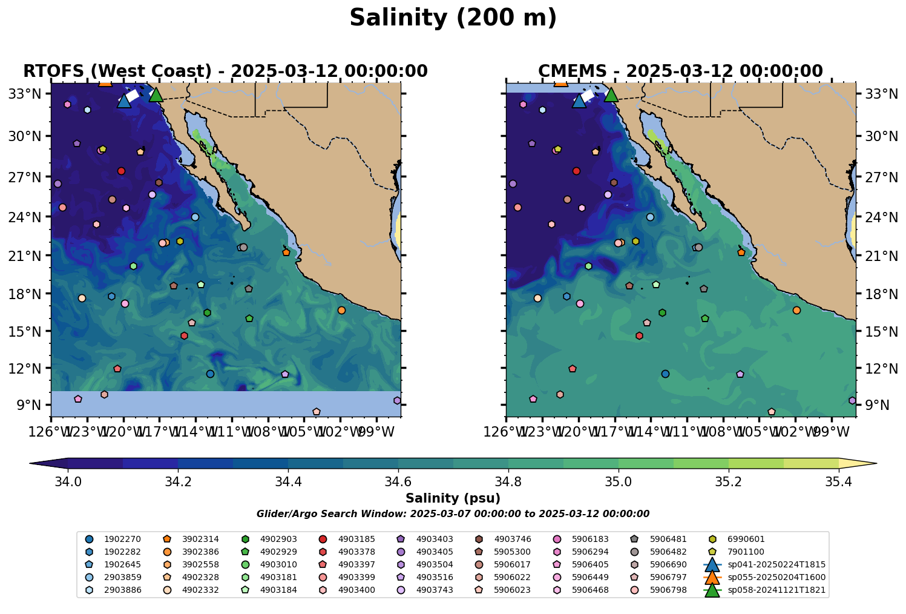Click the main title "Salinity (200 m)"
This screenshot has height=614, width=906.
point(453,18)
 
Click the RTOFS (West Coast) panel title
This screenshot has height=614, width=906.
point(225,71)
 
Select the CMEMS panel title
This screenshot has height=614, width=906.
point(680,71)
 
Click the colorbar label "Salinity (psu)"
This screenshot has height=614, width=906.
point(453,498)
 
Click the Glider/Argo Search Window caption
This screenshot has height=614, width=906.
point(453,513)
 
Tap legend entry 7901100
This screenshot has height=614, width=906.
point(747,552)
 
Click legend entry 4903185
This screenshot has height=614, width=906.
point(356,539)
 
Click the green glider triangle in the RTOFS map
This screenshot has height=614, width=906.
point(156,94)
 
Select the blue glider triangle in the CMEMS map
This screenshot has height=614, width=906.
point(579,101)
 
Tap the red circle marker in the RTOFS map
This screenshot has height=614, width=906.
point(121,171)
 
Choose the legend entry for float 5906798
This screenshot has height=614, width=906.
point(668,590)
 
